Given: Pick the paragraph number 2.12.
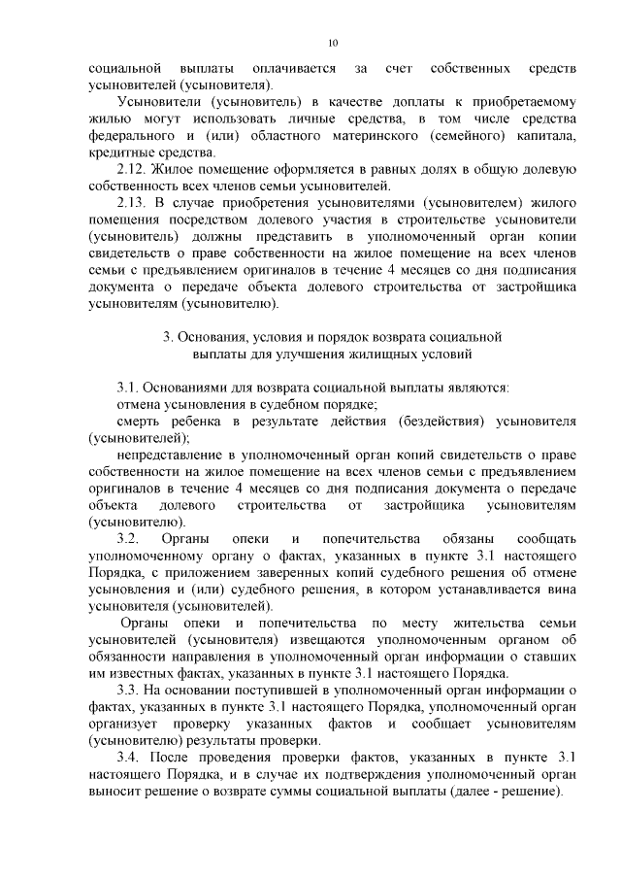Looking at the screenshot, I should [x=131, y=168].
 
